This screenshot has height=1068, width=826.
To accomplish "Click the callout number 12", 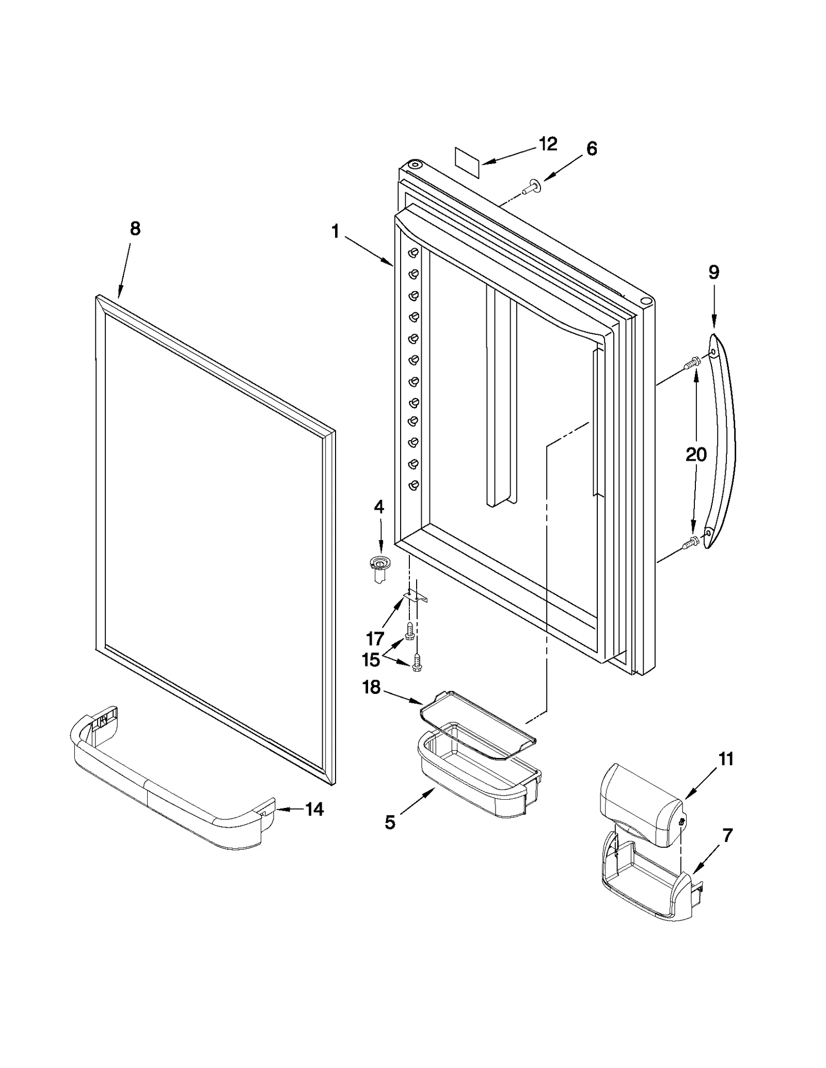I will (548, 144).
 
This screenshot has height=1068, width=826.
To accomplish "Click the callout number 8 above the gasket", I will (135, 228).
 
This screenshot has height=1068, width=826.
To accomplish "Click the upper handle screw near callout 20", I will (691, 365).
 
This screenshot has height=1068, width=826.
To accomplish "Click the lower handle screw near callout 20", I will (691, 542).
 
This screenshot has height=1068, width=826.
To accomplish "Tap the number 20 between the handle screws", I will (695, 455).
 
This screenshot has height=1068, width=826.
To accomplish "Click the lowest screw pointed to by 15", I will (417, 662).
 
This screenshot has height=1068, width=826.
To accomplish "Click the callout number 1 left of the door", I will (336, 232).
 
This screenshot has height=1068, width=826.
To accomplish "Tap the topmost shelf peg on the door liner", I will (414, 253).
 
